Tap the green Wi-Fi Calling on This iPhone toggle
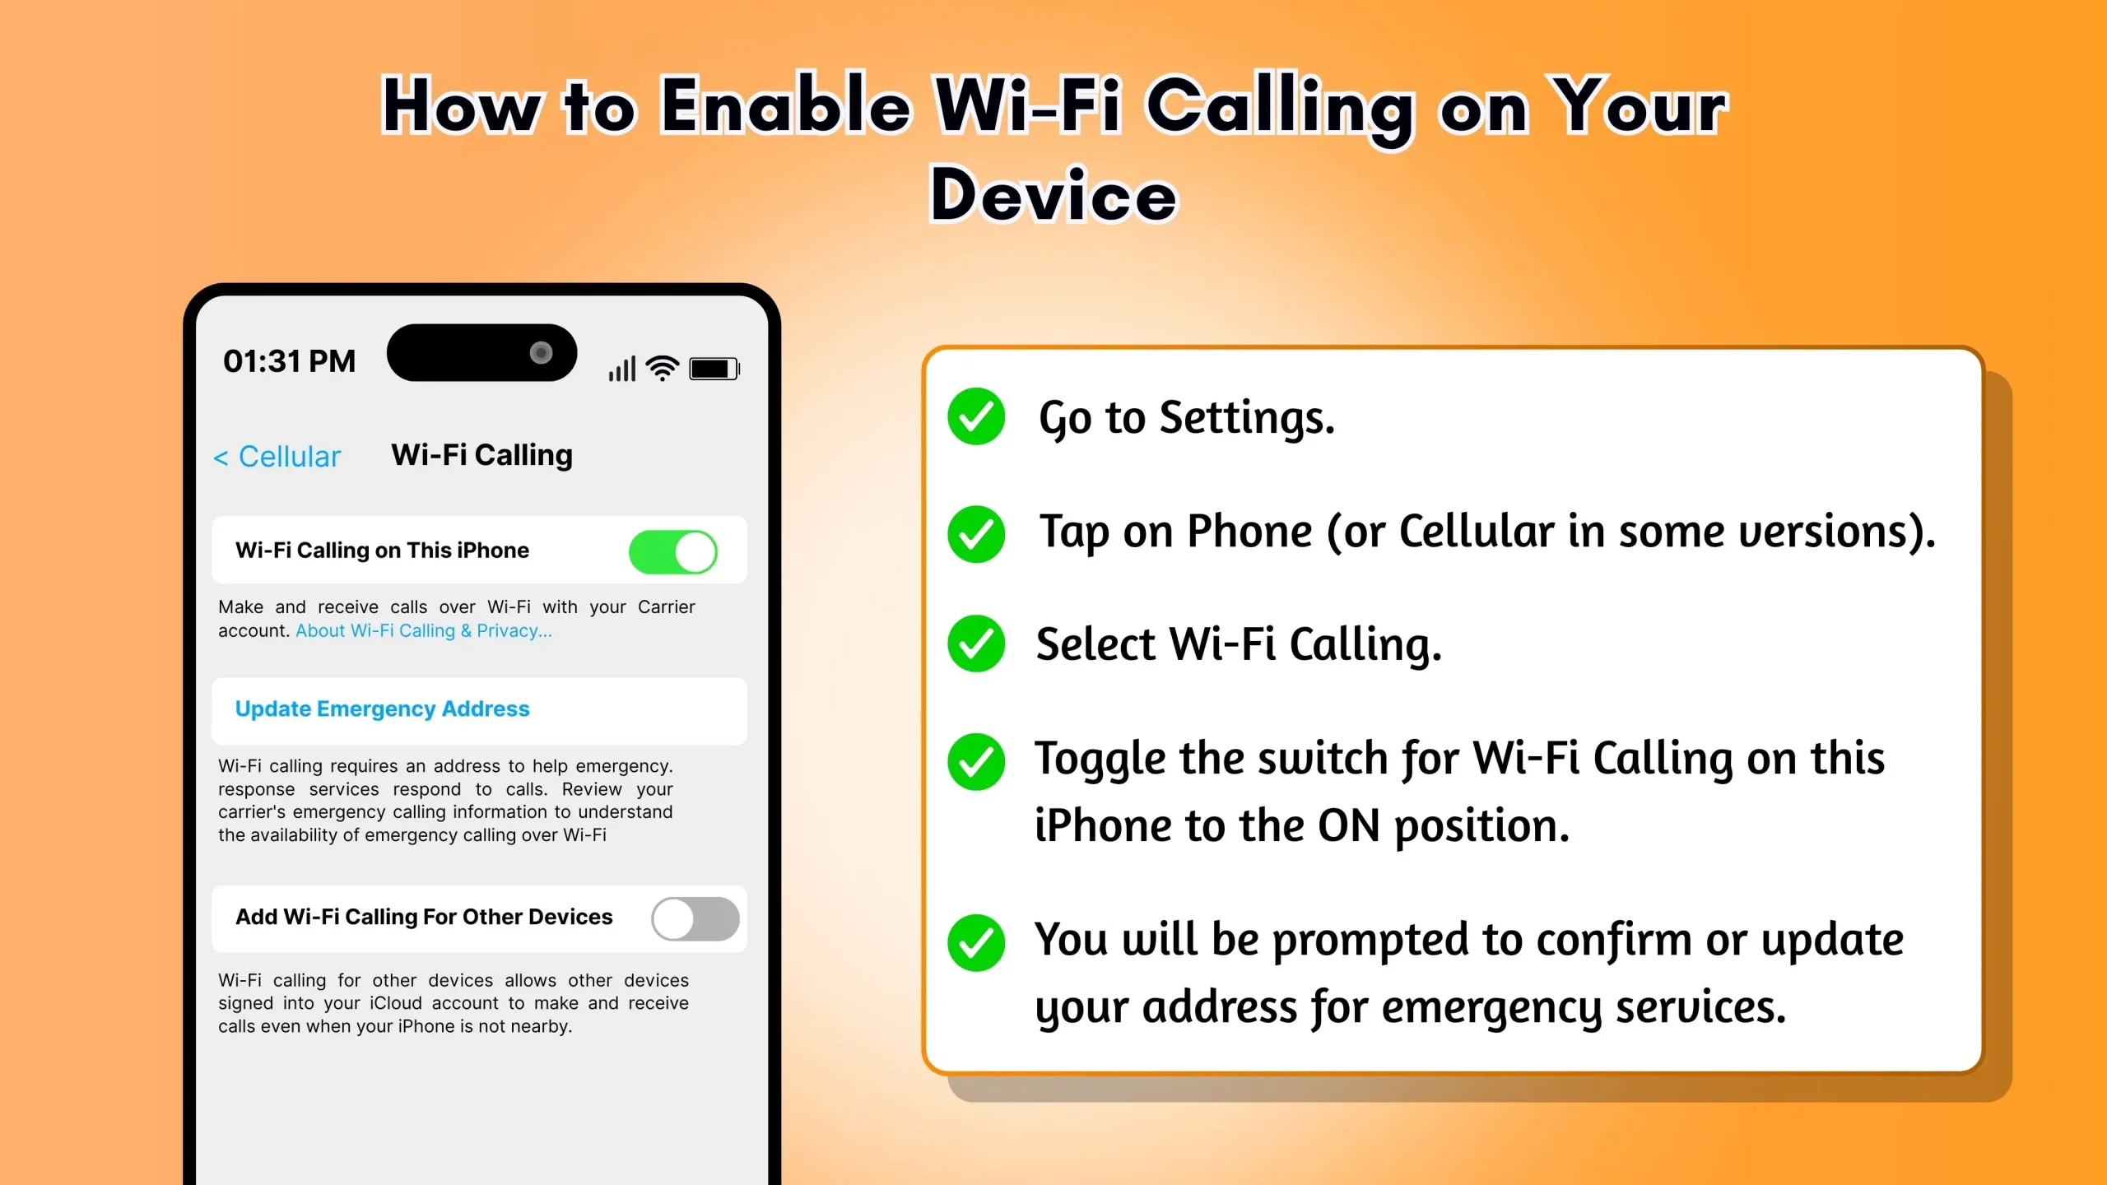tap(672, 551)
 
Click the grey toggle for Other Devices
tap(695, 918)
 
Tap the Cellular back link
tap(277, 457)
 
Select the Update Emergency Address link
tap(382, 709)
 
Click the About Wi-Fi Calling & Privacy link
tap(423, 631)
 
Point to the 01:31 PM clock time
tap(289, 361)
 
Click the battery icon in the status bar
tap(714, 369)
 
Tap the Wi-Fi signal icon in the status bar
tap(662, 368)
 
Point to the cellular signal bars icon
tap(622, 369)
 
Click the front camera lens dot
tap(541, 353)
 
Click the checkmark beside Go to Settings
tap(976, 416)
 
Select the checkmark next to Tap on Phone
tap(976, 533)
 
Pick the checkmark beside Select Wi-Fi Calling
tap(976, 644)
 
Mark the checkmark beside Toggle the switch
tap(976, 761)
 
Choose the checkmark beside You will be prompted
tap(976, 942)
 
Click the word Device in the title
tap(1053, 196)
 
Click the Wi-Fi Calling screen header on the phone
tap(481, 455)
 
